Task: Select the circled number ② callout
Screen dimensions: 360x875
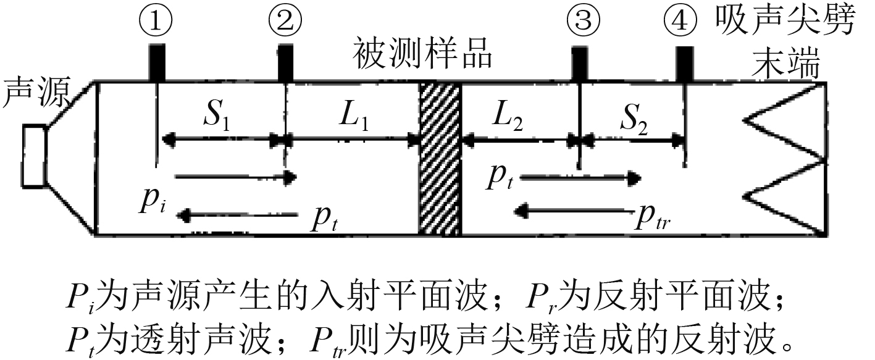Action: [285, 22]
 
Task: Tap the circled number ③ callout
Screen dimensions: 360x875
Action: [583, 22]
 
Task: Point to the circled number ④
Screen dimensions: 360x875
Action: [682, 22]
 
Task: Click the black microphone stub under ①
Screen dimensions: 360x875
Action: [157, 62]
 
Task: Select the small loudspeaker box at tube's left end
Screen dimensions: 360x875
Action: [33, 155]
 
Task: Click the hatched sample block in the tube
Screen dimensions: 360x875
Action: [440, 158]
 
